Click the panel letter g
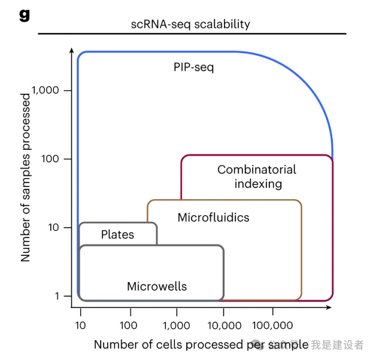pyautogui.click(x=24, y=15)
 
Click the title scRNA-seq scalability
pyautogui.click(x=190, y=25)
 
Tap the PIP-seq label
pyautogui.click(x=193, y=67)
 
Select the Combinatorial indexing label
pyautogui.click(x=257, y=176)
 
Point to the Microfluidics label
pyautogui.click(x=213, y=217)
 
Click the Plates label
pyautogui.click(x=117, y=234)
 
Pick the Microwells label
pyautogui.click(x=157, y=286)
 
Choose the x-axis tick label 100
pyautogui.click(x=128, y=325)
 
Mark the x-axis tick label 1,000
pyautogui.click(x=177, y=325)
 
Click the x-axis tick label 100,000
pyautogui.click(x=272, y=325)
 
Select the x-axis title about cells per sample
pyautogui.click(x=201, y=344)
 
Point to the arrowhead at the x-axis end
pyautogui.click(x=329, y=308)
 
